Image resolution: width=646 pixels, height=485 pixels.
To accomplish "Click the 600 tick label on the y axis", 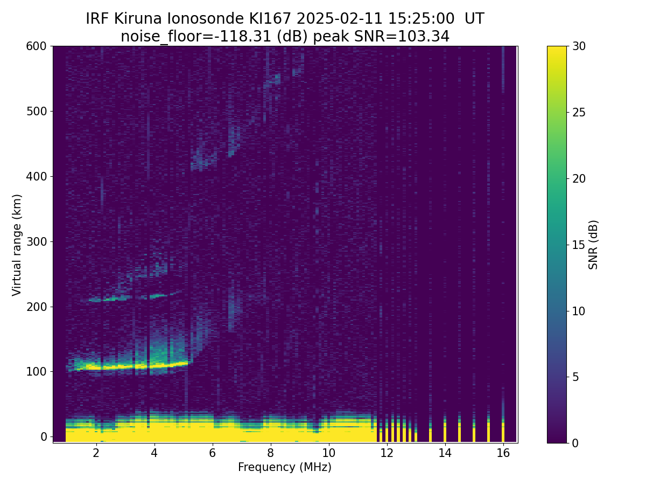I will pyautogui.click(x=36, y=46).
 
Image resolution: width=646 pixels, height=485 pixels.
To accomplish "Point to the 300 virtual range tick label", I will pyautogui.click(x=36, y=241).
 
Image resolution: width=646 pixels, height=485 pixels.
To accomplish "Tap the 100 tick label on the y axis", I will pyautogui.click(x=36, y=371).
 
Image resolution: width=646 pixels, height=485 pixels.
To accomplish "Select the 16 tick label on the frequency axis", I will pyautogui.click(x=503, y=453).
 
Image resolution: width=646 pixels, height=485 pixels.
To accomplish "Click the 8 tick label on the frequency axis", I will pyautogui.click(x=270, y=453).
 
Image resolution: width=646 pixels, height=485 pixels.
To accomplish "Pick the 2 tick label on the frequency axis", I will pyautogui.click(x=96, y=453).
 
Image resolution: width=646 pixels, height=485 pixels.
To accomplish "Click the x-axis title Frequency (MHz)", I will pyautogui.click(x=285, y=467).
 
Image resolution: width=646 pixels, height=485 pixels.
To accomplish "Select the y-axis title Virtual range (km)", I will pyautogui.click(x=17, y=245).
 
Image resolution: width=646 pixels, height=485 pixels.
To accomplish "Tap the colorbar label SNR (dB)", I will pyautogui.click(x=593, y=245).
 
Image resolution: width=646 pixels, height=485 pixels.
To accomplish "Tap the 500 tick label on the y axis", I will pyautogui.click(x=36, y=112).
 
